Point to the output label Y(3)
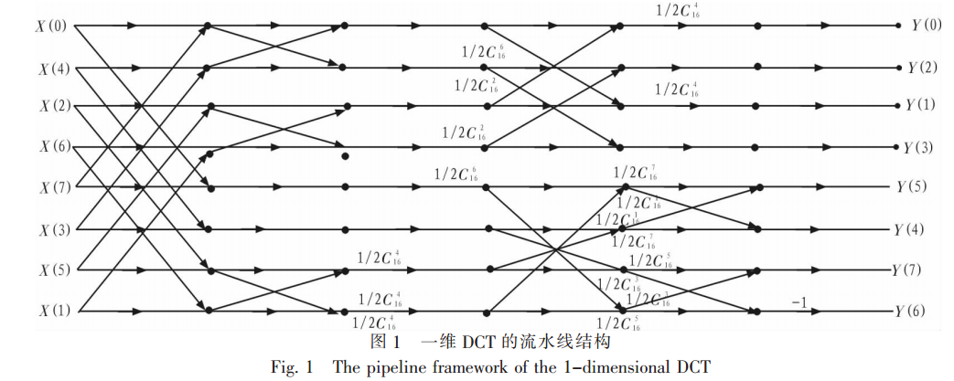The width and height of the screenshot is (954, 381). pyautogui.click(x=923, y=147)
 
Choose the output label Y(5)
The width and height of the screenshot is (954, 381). pyautogui.click(x=915, y=187)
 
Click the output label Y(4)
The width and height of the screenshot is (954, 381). pyautogui.click(x=915, y=228)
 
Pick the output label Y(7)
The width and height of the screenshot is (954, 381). pyautogui.click(x=915, y=270)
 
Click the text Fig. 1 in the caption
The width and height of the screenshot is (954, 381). pyautogui.click(x=291, y=367)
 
